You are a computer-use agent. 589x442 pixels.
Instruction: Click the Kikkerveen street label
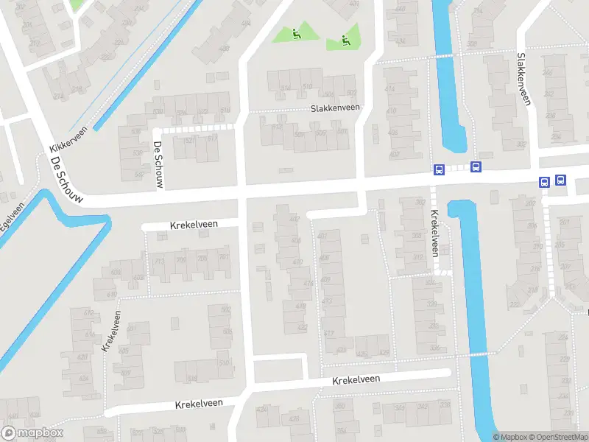69,138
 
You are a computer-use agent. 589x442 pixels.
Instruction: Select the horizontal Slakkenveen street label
335,108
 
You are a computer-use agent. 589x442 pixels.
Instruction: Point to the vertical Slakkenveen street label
523,79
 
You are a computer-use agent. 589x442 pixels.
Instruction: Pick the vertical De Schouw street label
158,165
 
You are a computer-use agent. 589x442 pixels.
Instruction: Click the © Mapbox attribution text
510,438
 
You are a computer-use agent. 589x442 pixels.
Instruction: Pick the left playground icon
295,33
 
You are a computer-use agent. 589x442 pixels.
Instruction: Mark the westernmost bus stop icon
439,169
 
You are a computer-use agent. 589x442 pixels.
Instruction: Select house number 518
192,379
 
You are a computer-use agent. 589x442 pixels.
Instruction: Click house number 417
329,334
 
